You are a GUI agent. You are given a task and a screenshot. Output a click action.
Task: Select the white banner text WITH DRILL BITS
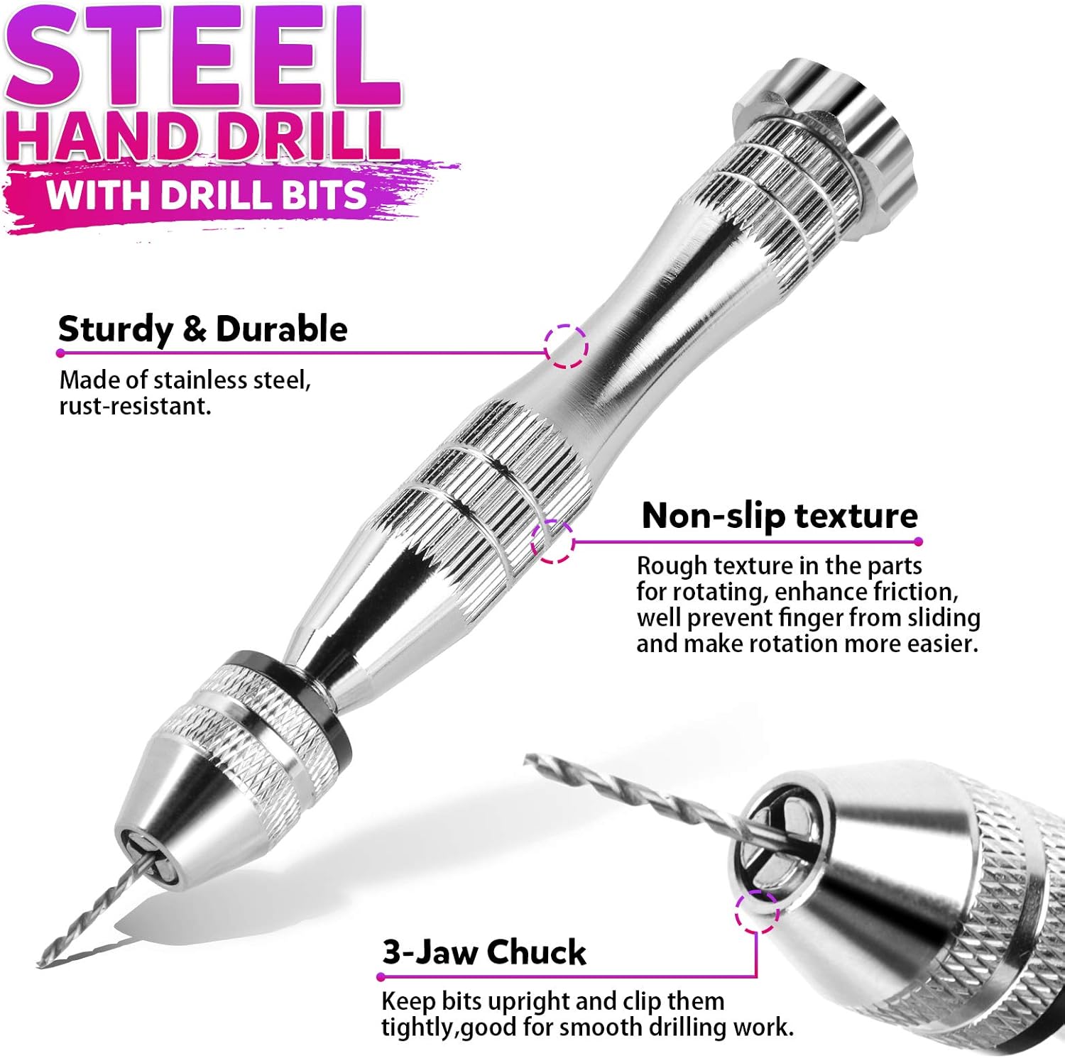point(206,194)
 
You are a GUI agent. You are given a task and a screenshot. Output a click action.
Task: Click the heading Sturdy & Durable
point(202,329)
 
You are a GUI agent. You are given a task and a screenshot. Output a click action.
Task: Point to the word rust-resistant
point(135,407)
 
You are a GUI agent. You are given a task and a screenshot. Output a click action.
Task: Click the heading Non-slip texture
point(779,516)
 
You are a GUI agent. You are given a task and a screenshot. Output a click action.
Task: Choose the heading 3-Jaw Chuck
point(484,952)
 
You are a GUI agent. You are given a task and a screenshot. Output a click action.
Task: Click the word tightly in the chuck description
point(417,1027)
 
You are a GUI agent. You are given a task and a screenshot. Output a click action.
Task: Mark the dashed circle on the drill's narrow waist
point(566,346)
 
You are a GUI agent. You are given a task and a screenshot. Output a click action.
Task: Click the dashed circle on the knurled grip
point(552,541)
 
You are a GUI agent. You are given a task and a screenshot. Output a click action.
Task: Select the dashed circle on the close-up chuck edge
point(757,912)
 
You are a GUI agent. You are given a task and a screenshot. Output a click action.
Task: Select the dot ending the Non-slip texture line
point(919,541)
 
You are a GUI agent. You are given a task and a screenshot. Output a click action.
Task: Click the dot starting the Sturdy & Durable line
point(61,353)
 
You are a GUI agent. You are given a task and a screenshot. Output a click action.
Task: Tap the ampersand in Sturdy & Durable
point(194,330)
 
